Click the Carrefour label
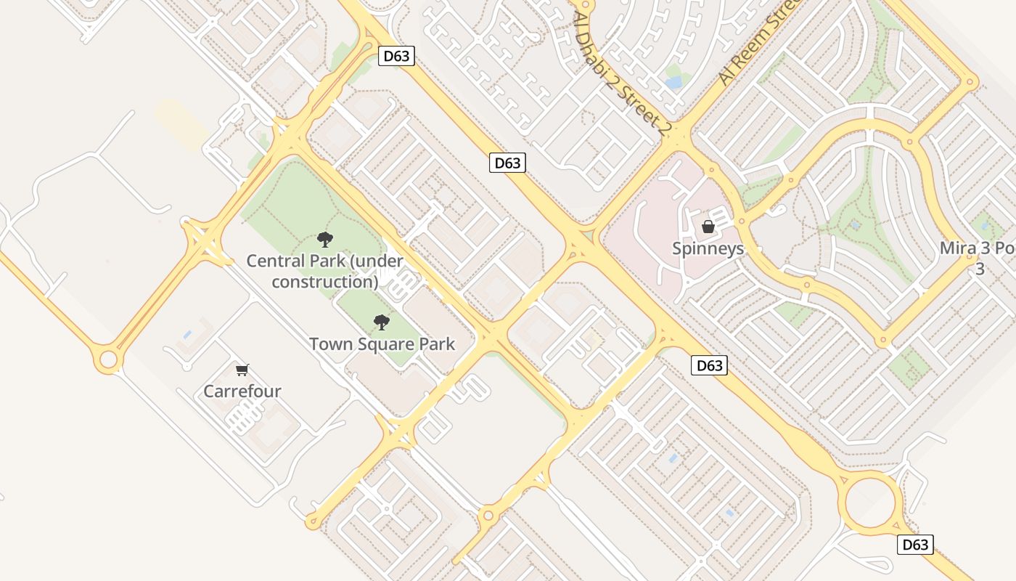[242, 391]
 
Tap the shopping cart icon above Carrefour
[242, 370]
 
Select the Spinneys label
[708, 248]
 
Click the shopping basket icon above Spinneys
[708, 227]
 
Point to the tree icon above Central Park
[324, 239]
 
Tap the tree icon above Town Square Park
[381, 322]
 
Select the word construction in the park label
[324, 282]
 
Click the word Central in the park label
[274, 261]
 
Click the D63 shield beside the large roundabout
[915, 544]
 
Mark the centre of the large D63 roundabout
[873, 503]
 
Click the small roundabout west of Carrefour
[108, 359]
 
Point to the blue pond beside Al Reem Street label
[674, 81]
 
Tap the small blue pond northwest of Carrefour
[187, 334]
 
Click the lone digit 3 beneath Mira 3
[979, 269]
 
